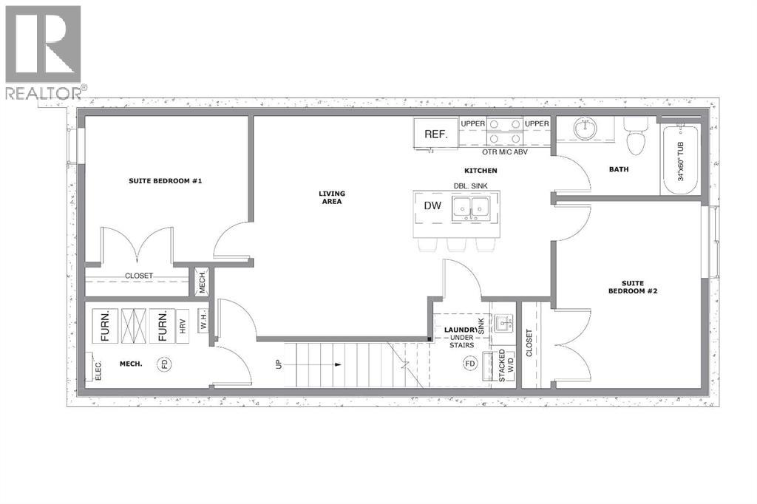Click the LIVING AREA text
point(332,197)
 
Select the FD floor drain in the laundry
point(469,364)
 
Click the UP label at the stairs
point(279,364)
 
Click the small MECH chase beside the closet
point(201,282)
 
